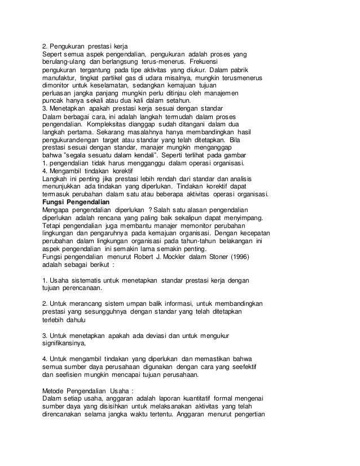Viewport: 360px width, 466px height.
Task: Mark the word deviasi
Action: tap(155, 333)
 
